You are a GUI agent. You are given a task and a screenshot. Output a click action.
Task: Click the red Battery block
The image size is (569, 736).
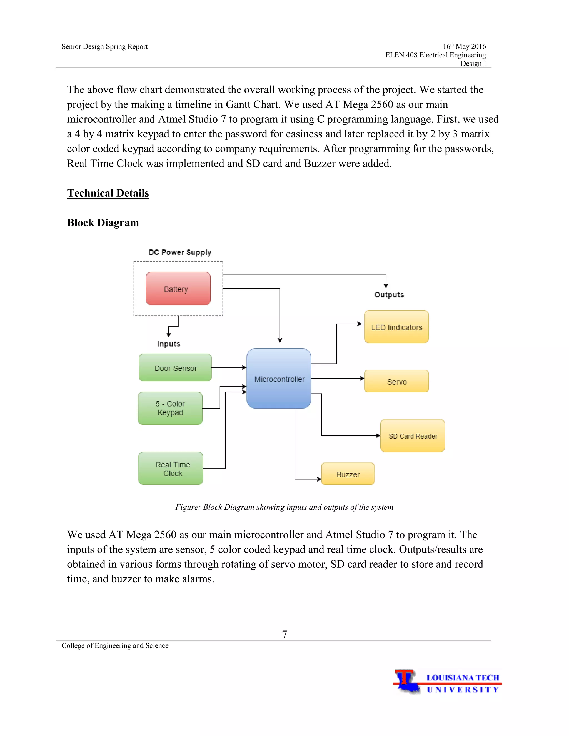pyautogui.click(x=178, y=289)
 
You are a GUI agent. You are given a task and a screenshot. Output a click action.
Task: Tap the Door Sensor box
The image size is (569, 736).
pyautogui.click(x=175, y=368)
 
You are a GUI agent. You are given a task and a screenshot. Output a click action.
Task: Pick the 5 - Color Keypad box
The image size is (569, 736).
pyautogui.click(x=170, y=408)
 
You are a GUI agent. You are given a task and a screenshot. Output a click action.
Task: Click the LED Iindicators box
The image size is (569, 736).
pyautogui.click(x=396, y=327)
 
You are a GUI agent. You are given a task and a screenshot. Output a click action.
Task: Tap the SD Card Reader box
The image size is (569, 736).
pyautogui.click(x=413, y=436)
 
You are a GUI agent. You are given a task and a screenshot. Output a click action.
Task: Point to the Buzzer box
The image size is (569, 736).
pyautogui.click(x=348, y=474)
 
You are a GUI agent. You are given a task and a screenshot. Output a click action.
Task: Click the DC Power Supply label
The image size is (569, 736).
pyautogui.click(x=180, y=252)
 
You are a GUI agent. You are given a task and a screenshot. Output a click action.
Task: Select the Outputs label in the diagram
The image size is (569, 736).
pyautogui.click(x=389, y=295)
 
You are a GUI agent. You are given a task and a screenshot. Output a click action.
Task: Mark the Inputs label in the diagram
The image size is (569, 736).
pyautogui.click(x=169, y=344)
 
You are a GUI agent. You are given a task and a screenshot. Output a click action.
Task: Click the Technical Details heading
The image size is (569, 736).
pyautogui.click(x=108, y=193)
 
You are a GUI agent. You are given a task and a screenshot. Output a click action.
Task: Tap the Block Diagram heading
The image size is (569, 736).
pyautogui.click(x=103, y=223)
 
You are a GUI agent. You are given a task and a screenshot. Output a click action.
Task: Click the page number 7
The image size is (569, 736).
pyautogui.click(x=284, y=634)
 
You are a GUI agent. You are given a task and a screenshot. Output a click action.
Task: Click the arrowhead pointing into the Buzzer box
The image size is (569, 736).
pyautogui.click(x=319, y=479)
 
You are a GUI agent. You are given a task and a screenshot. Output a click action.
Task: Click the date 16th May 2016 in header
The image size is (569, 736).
pyautogui.click(x=464, y=46)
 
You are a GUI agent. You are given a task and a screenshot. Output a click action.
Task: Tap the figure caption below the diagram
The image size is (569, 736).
pyautogui.click(x=284, y=507)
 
